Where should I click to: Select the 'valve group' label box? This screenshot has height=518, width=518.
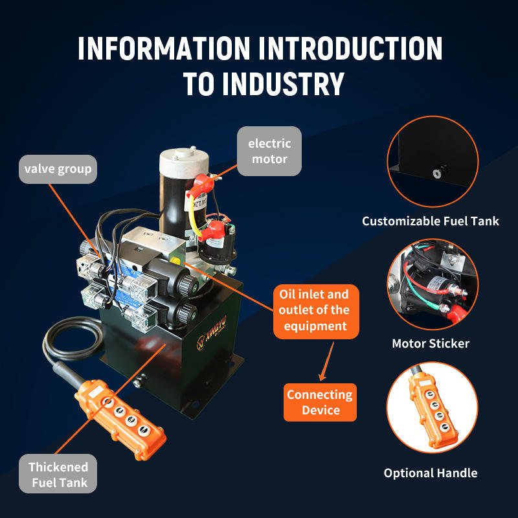[x=58, y=169]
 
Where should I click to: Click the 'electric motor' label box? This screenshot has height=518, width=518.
[x=269, y=151]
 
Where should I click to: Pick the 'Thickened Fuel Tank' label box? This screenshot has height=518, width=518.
[x=58, y=475]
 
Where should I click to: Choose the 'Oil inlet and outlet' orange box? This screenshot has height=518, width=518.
[x=315, y=311]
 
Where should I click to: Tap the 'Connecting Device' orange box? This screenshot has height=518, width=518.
[x=321, y=402]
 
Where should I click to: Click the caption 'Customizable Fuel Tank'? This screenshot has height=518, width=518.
[x=431, y=221]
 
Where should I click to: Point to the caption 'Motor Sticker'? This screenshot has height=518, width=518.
[x=431, y=343]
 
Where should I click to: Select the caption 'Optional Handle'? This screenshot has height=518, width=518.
[x=431, y=473]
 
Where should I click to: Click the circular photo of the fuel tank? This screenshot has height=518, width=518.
[x=433, y=161]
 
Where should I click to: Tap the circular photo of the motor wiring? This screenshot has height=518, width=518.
[x=433, y=284]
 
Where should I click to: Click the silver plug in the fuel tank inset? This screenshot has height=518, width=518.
[x=438, y=173]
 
